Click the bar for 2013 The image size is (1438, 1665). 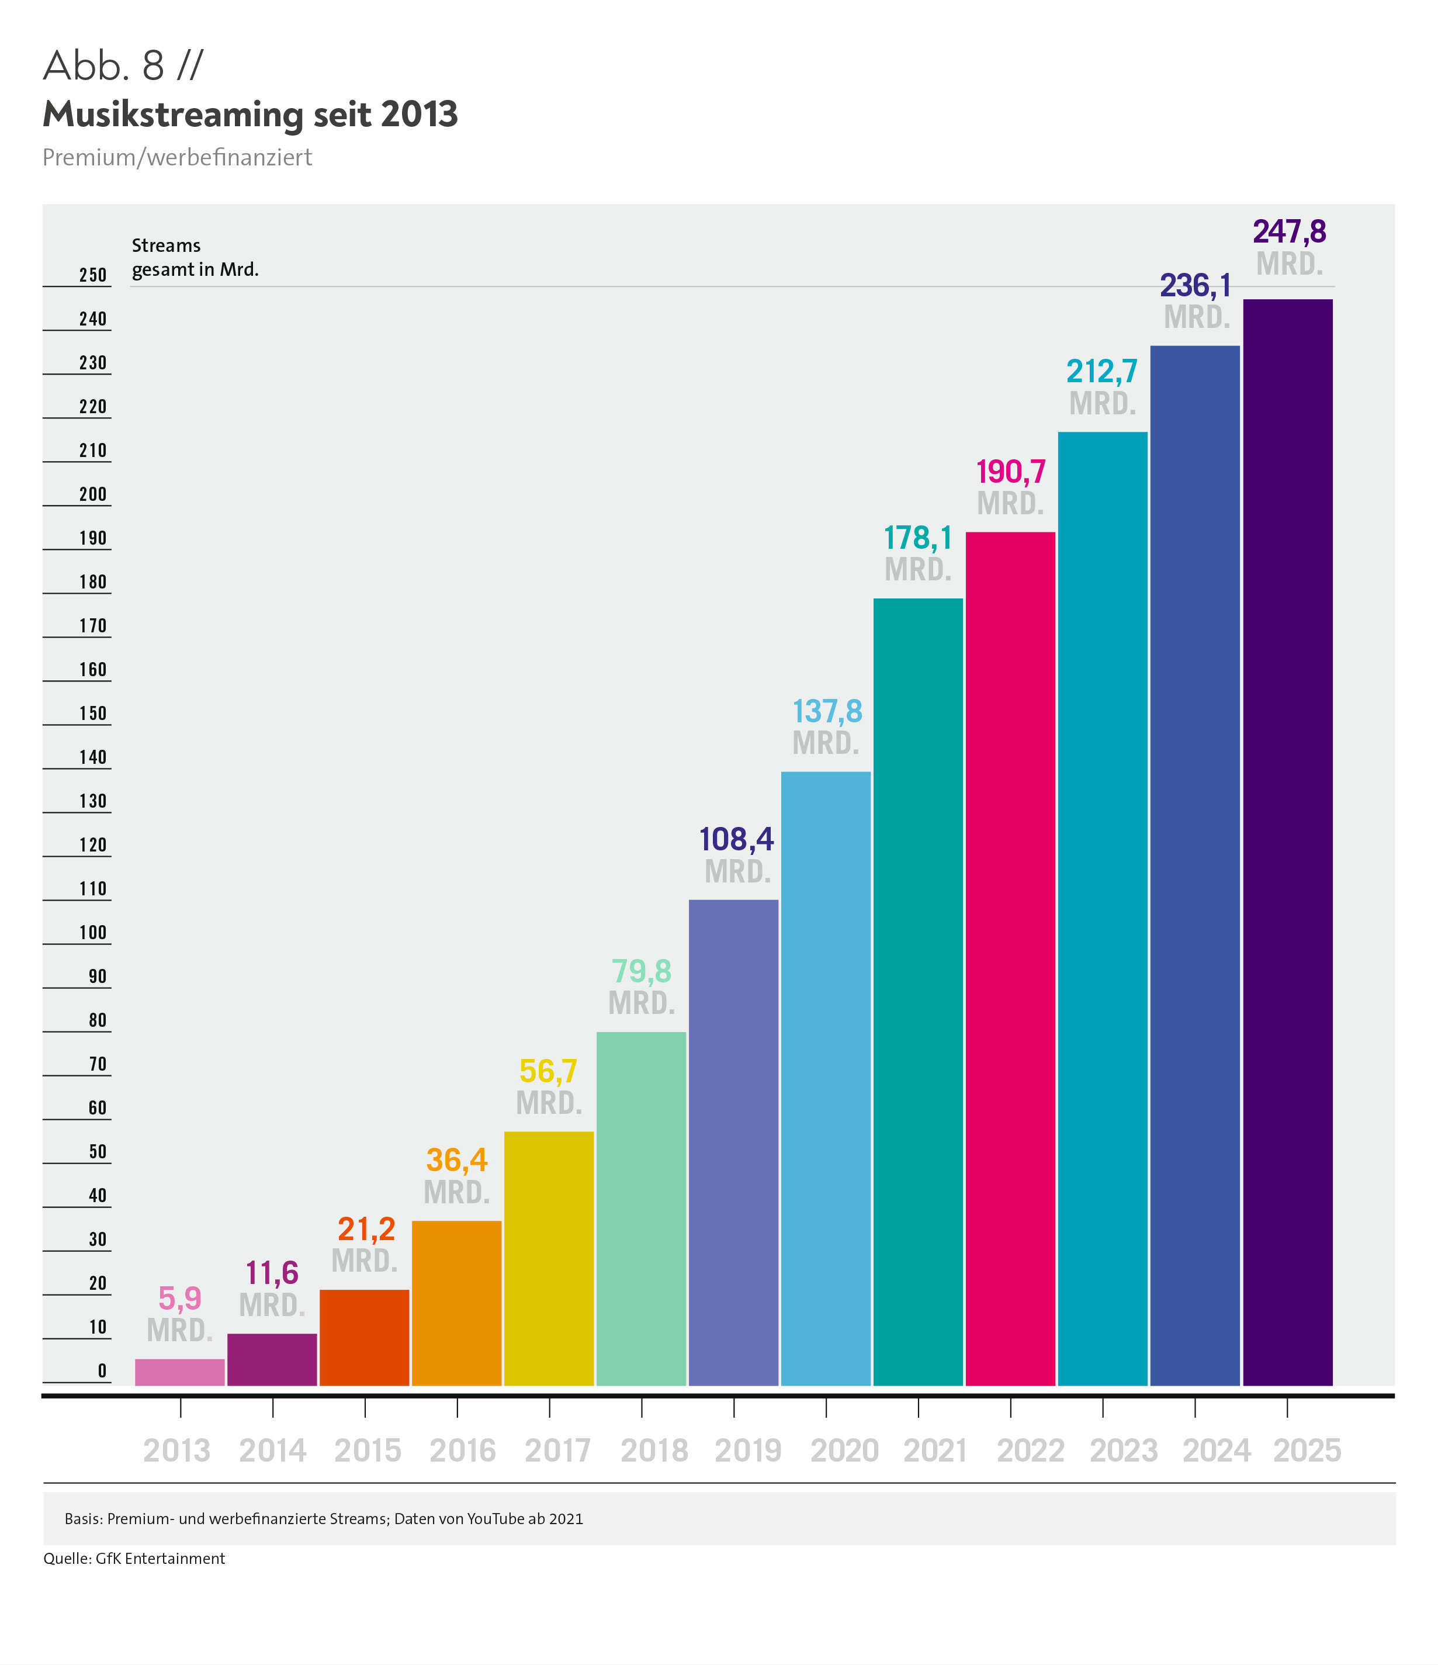[x=179, y=1372]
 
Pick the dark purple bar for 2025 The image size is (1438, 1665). [x=1287, y=842]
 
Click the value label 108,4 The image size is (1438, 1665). [x=736, y=839]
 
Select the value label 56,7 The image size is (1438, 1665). [x=548, y=1071]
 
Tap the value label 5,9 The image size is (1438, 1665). [x=179, y=1299]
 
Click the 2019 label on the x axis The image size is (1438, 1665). [x=748, y=1451]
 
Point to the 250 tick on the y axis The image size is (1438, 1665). [x=92, y=275]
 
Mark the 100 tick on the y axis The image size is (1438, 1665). [x=92, y=932]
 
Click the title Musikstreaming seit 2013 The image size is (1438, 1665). [x=250, y=114]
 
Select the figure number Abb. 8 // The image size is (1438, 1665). [x=123, y=66]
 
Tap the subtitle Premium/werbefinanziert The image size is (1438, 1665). [x=176, y=158]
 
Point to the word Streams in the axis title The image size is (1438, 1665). [x=165, y=245]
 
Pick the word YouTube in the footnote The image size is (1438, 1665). [x=495, y=1519]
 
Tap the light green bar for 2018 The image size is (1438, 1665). [x=641, y=1209]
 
